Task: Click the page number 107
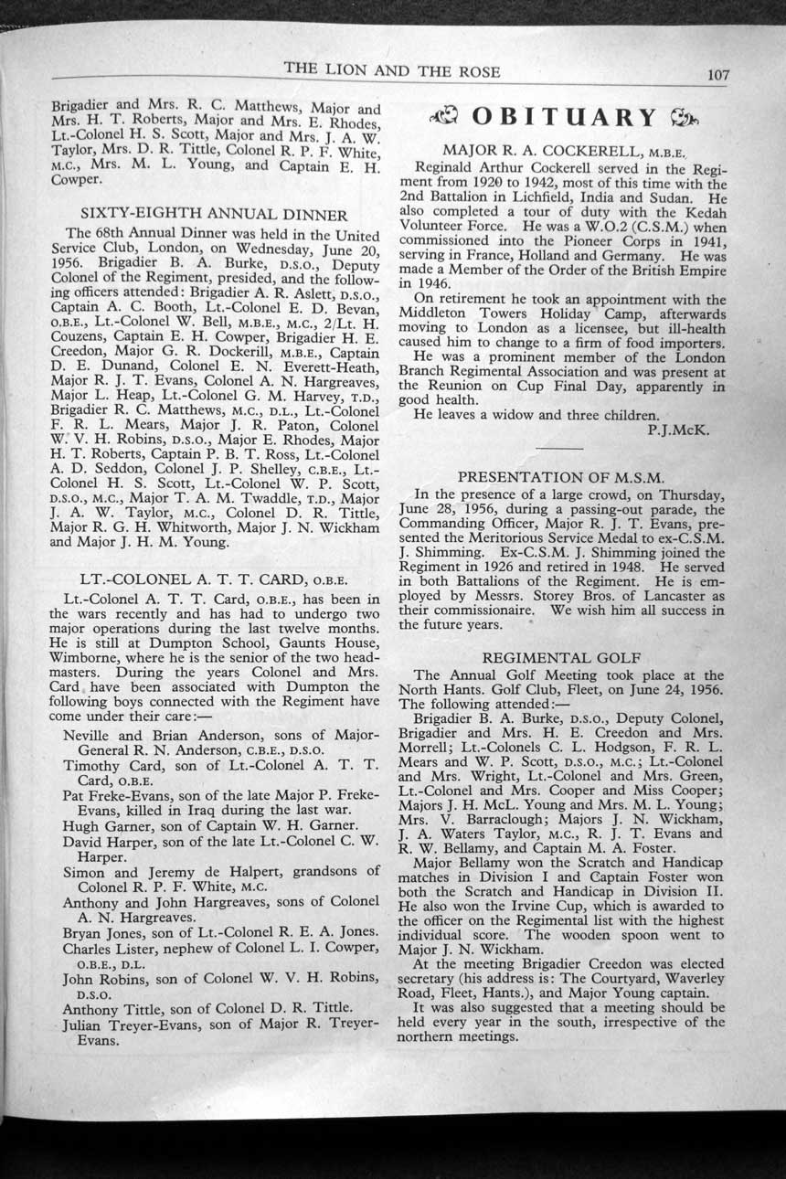717,75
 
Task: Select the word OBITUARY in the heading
565,117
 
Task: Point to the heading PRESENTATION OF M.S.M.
561,476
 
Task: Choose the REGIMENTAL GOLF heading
561,657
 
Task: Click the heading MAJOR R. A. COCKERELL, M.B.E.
564,149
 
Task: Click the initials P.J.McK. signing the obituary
677,430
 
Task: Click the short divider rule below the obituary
559,449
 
